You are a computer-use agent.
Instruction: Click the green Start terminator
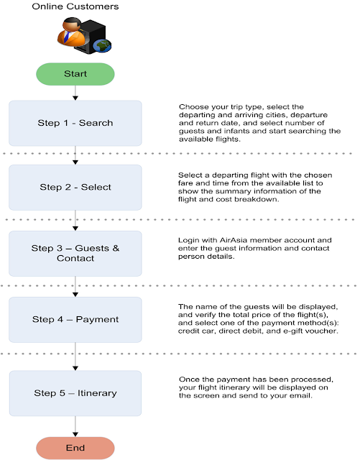[x=75, y=73]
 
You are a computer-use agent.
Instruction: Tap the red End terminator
[x=75, y=448]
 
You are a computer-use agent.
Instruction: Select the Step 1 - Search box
[x=75, y=123]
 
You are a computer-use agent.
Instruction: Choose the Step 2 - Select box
[x=75, y=187]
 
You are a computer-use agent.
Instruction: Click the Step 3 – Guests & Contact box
[x=75, y=253]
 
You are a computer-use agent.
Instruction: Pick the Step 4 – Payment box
[x=75, y=320]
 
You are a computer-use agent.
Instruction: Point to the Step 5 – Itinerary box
[x=75, y=392]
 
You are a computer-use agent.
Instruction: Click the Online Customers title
[x=75, y=7]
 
